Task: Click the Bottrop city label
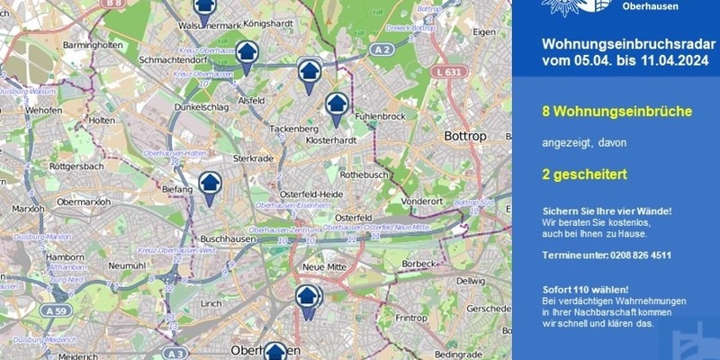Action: coord(465,136)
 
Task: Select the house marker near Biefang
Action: coord(210,185)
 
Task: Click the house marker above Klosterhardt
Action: coord(337,106)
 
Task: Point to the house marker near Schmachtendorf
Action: coord(247,54)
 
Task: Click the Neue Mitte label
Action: coord(325,267)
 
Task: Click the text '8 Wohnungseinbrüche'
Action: coord(616,112)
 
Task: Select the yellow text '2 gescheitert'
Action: coord(584,174)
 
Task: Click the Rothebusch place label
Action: coord(364,175)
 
